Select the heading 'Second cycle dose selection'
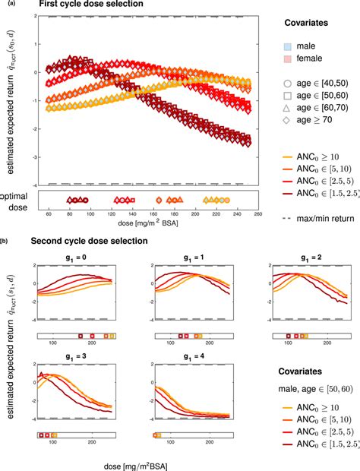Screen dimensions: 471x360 [95, 241]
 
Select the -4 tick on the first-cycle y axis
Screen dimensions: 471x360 [33, 185]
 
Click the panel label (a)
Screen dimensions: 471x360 [5, 5]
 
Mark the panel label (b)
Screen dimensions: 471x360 [5, 240]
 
